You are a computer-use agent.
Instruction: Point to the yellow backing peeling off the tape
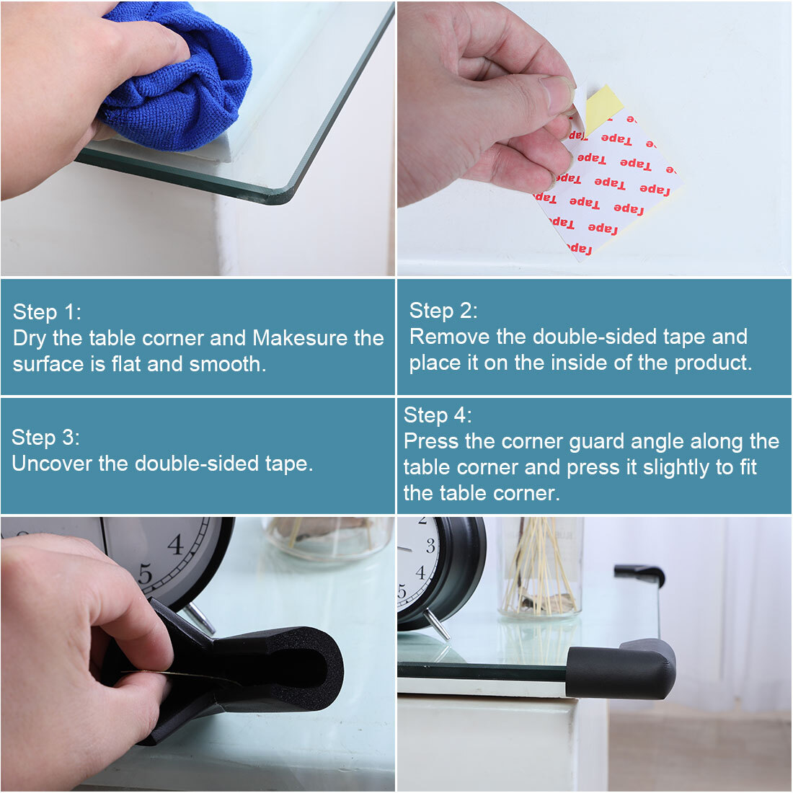(x=603, y=107)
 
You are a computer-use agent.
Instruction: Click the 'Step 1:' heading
(x=47, y=312)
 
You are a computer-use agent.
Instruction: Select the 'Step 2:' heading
(x=443, y=311)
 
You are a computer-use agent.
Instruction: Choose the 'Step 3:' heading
(x=45, y=438)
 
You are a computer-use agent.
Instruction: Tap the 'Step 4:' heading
(x=438, y=415)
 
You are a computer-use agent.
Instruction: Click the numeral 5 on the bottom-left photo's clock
(x=145, y=575)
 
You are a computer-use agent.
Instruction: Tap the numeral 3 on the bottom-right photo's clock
(x=430, y=546)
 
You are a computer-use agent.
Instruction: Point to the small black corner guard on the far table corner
(x=639, y=575)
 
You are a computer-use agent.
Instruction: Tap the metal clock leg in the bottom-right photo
(x=437, y=624)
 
